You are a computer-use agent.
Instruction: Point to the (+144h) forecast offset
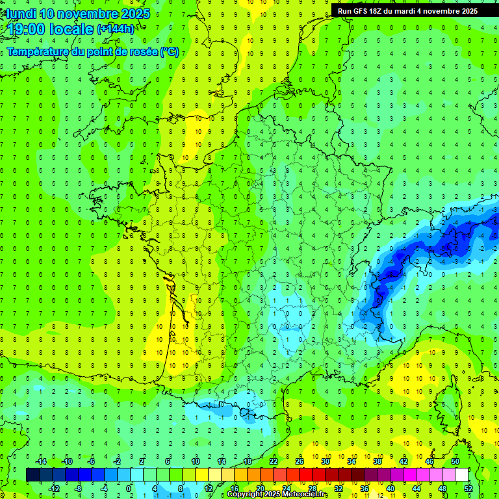pos(116,29)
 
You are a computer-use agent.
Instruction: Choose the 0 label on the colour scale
pos(129,489)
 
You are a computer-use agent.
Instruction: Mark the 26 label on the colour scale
pos(299,461)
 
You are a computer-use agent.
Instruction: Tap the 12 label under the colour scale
pos(208,489)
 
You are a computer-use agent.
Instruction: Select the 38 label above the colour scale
pos(377,461)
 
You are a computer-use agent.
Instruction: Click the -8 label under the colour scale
pos(79,489)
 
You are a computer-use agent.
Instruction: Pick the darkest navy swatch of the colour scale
pos(32,475)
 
